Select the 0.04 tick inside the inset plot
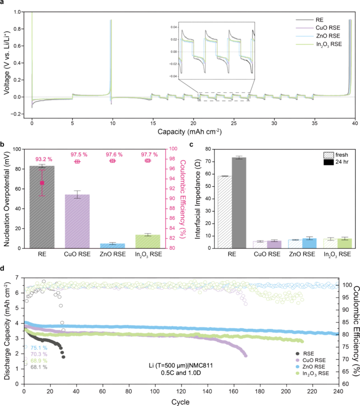tap(173, 27)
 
